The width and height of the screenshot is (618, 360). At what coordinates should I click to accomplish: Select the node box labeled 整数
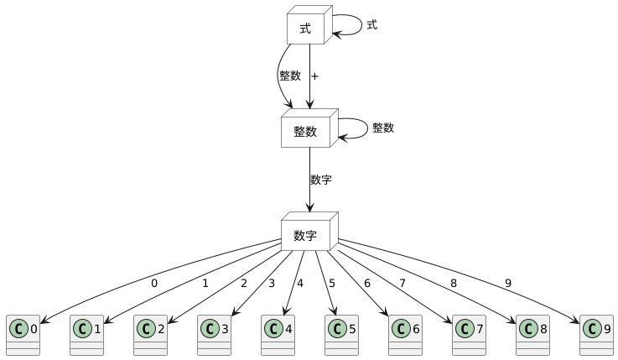tap(305, 132)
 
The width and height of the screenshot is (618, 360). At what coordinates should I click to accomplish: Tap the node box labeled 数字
tap(305, 235)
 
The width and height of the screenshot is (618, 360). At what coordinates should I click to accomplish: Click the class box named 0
tap(23, 336)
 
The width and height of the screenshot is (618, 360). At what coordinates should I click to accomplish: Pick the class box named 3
tap(214, 336)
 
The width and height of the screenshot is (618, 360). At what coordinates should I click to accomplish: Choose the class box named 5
tap(341, 336)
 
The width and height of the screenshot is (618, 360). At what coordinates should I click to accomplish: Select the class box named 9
tap(596, 336)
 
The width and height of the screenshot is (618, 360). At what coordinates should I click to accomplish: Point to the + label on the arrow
tap(314, 76)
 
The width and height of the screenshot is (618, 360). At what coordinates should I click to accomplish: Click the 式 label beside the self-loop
tap(371, 25)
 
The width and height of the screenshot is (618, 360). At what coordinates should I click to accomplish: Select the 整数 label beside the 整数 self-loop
tap(383, 128)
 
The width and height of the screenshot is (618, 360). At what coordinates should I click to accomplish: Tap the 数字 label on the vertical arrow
tap(320, 180)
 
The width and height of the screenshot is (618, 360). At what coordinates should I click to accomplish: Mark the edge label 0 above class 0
tap(154, 284)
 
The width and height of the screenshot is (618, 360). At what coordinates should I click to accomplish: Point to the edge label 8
tap(454, 284)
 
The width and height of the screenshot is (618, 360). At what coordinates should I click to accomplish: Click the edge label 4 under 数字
tap(299, 284)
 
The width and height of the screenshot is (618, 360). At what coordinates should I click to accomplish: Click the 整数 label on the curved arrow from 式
tap(290, 76)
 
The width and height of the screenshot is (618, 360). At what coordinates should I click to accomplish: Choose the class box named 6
tap(405, 336)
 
